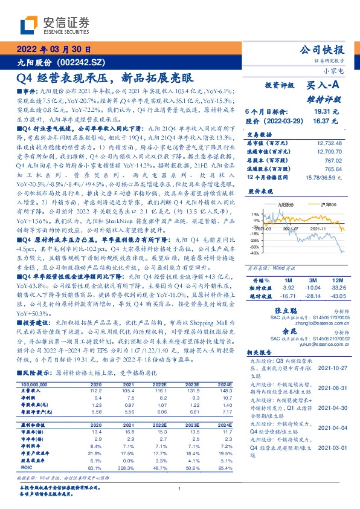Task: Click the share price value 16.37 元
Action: click(328, 121)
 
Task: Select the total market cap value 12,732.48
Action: click(328, 143)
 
